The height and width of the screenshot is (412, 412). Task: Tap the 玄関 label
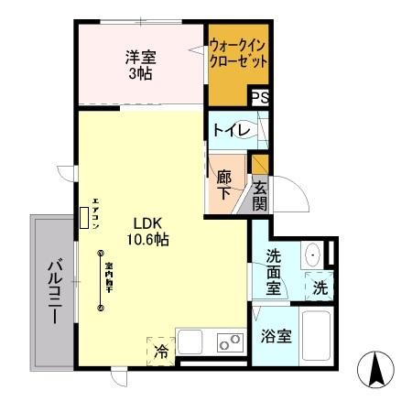coord(260,196)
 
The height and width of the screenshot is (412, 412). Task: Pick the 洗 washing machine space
coord(319,286)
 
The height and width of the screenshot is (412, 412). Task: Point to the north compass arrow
coord(375,370)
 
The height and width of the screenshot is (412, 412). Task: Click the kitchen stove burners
coord(229,342)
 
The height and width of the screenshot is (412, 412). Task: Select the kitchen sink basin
coord(192,342)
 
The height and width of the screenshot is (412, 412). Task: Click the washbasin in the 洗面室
coord(313,255)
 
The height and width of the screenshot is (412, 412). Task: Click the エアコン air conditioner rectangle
coord(85,217)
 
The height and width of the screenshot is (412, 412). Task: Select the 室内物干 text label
coord(108,274)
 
